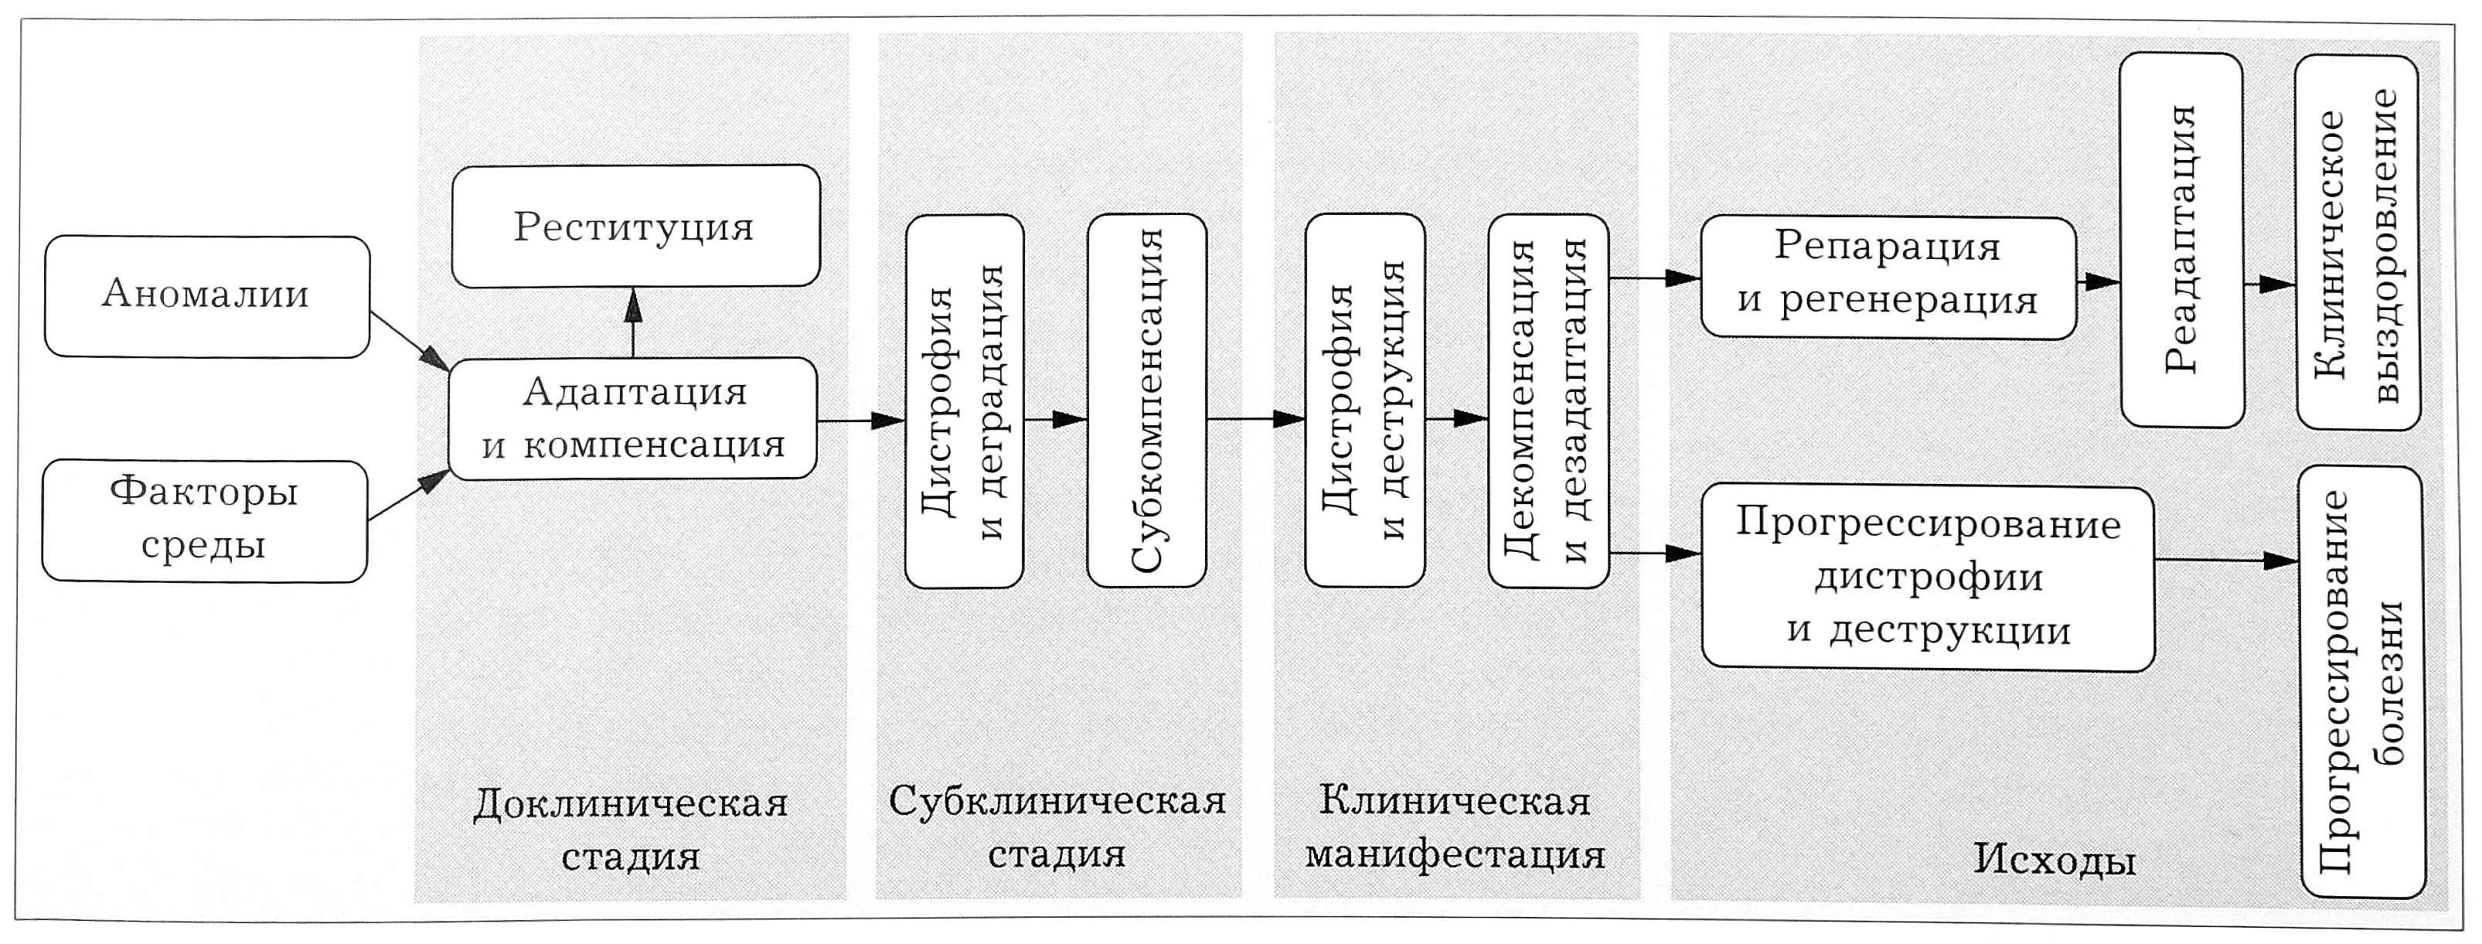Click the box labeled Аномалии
[206, 297]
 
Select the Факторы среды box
[204, 520]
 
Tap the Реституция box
[635, 227]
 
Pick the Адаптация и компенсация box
[633, 419]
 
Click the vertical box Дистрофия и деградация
[964, 400]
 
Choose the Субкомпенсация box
[1146, 400]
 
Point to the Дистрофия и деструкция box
[1364, 400]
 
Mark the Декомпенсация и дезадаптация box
[1547, 400]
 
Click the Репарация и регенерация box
[1888, 278]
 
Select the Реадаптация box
[2182, 239]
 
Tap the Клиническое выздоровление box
[2357, 243]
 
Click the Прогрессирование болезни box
[2361, 682]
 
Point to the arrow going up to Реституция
[633, 322]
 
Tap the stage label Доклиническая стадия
[631, 828]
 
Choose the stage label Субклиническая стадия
[1057, 826]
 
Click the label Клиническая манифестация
[1455, 826]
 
